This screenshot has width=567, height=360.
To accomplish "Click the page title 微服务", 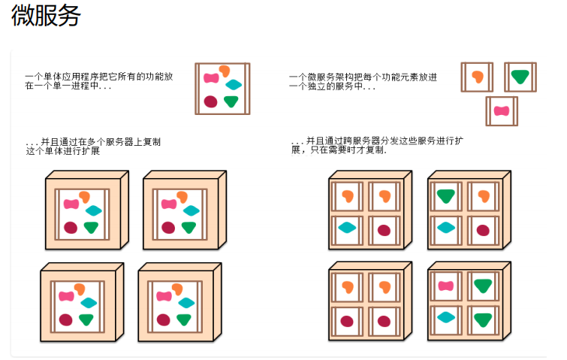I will coord(46,15).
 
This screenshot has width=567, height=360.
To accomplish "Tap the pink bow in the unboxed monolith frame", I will coord(210,77).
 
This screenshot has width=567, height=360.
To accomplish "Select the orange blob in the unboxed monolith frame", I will coord(223,71).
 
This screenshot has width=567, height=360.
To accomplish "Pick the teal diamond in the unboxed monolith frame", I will coord(234,85).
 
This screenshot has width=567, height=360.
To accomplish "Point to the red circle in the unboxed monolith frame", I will coord(210,101).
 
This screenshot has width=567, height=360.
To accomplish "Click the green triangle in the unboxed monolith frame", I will coord(231,101).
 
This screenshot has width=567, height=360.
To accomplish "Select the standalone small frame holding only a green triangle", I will coord(520,77).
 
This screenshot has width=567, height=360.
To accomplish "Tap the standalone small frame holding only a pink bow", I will coord(501,111).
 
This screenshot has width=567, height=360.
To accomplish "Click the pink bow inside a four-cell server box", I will coord(445,286).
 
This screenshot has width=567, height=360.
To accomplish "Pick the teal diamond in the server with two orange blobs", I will coord(347,228).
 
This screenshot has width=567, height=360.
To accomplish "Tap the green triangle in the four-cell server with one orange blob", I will coord(445,196).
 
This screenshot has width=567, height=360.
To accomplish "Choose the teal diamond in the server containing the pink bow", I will coord(445,317).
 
